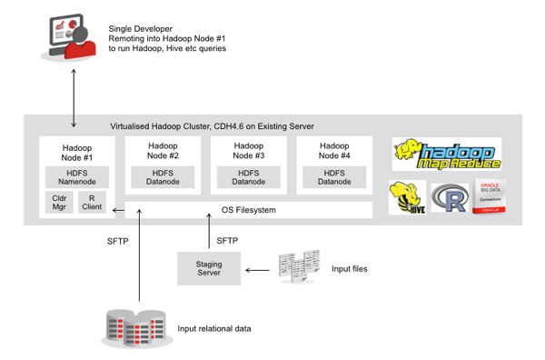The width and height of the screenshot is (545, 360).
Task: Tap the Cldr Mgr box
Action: pyautogui.click(x=57, y=202)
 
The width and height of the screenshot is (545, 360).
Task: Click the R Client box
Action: pyautogui.click(x=91, y=202)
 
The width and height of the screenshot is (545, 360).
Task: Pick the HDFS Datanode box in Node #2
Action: pyautogui.click(x=161, y=177)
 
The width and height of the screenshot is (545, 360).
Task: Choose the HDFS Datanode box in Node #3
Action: pyautogui.click(x=248, y=177)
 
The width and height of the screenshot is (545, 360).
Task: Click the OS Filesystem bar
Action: pyautogui.click(x=248, y=210)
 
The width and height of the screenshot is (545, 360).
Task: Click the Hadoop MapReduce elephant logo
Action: pyautogui.click(x=446, y=154)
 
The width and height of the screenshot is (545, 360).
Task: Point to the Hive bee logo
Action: pyautogui.click(x=406, y=197)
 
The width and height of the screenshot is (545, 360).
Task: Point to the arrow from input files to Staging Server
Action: pyautogui.click(x=258, y=268)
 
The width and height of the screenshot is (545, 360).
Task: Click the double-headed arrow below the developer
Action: pyautogui.click(x=74, y=95)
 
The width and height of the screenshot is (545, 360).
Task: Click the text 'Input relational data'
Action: pyautogui.click(x=214, y=328)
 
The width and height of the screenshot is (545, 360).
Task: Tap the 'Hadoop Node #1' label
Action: pyautogui.click(x=75, y=152)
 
